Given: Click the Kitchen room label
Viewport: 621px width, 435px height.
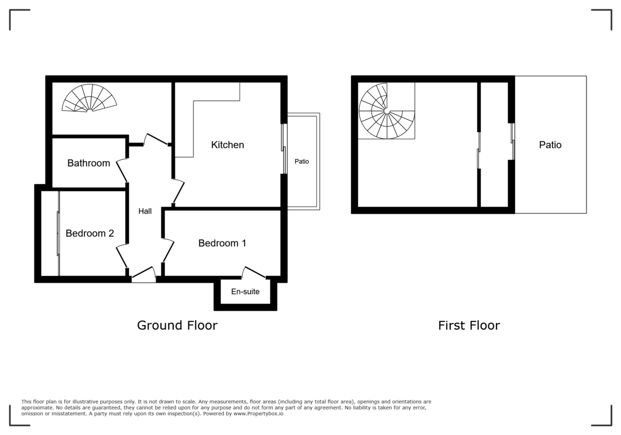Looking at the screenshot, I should click(227, 145).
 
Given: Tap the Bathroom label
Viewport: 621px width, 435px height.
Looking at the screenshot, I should click(88, 163).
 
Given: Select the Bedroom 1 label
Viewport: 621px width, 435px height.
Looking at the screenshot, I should click(222, 243).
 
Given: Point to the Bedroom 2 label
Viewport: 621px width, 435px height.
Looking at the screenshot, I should click(90, 234).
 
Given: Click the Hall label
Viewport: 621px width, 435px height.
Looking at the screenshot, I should click(145, 211).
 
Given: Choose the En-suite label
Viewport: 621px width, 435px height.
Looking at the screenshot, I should click(245, 292).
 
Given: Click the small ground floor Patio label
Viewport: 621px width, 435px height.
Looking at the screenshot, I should click(302, 162).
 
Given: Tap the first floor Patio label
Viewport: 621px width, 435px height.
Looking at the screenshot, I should click(550, 145).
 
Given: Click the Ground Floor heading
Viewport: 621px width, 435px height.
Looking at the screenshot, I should click(177, 325).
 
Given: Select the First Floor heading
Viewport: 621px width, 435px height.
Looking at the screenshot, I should click(469, 325).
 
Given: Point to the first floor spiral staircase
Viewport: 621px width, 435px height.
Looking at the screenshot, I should click(387, 111).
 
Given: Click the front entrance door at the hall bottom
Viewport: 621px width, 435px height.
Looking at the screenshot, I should click(143, 275).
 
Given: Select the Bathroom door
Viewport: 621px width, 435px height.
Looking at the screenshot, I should click(123, 171).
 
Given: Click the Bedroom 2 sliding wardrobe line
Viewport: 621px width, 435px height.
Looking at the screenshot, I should click(58, 233).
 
